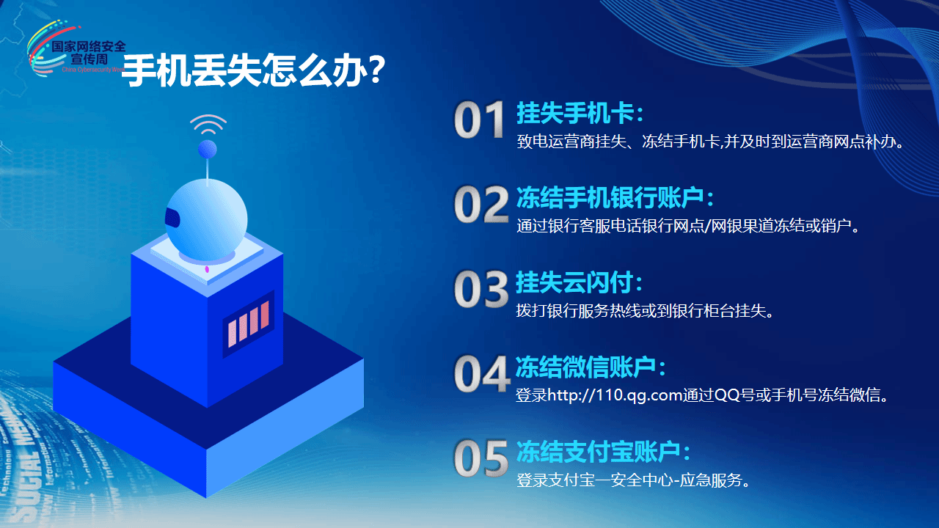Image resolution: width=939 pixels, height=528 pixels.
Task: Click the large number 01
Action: click(479, 120)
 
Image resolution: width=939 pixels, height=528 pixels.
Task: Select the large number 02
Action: click(481, 205)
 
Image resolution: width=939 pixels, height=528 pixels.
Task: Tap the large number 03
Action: click(481, 289)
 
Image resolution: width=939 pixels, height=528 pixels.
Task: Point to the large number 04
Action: click(482, 374)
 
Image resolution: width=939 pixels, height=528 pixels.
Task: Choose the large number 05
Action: click(481, 458)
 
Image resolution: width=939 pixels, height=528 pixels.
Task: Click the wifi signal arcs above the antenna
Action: click(208, 124)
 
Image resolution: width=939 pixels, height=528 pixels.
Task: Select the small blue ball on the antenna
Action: click(207, 149)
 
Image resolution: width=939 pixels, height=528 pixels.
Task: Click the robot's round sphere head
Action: click(206, 221)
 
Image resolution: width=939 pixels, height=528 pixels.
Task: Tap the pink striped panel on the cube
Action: click(248, 324)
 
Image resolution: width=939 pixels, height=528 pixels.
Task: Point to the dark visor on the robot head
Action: click(172, 218)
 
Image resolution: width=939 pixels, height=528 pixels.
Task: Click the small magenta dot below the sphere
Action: click(207, 269)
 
